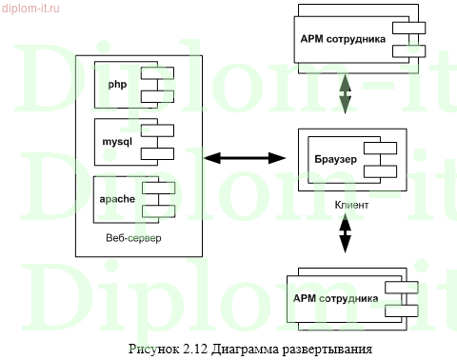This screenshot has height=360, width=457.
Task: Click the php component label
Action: (117, 84)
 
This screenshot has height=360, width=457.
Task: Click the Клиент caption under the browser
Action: (352, 205)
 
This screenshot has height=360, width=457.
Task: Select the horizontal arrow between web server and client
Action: (246, 154)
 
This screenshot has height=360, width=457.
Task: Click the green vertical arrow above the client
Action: (344, 95)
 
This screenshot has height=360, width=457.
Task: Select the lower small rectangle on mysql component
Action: (155, 151)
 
